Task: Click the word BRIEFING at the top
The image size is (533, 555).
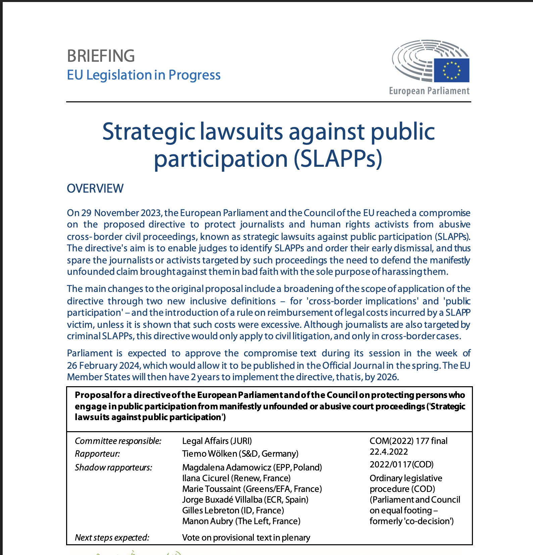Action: (101, 56)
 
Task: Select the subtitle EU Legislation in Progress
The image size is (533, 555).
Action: (144, 75)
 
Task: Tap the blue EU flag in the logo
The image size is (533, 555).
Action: (451, 70)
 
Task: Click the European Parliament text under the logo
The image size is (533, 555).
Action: (429, 91)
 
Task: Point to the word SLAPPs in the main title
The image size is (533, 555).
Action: (338, 159)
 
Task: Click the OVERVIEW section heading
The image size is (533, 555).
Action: (95, 189)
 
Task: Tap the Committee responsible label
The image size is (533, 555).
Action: (118, 441)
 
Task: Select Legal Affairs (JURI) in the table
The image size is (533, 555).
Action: (217, 441)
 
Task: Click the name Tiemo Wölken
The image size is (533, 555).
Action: (209, 454)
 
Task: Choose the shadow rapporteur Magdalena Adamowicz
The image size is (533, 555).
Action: (227, 467)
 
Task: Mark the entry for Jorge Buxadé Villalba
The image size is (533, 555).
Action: (222, 500)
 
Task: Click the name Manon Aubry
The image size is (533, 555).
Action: (207, 521)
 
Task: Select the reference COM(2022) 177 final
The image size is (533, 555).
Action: (408, 441)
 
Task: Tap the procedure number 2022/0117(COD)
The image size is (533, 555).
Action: (401, 464)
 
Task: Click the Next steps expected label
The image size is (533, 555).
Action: (112, 538)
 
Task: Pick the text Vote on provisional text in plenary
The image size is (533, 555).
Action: (246, 538)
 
